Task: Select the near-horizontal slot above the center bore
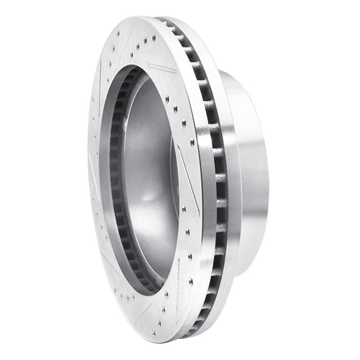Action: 162,68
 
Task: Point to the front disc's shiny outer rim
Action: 205,180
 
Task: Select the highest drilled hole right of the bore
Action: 167,97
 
